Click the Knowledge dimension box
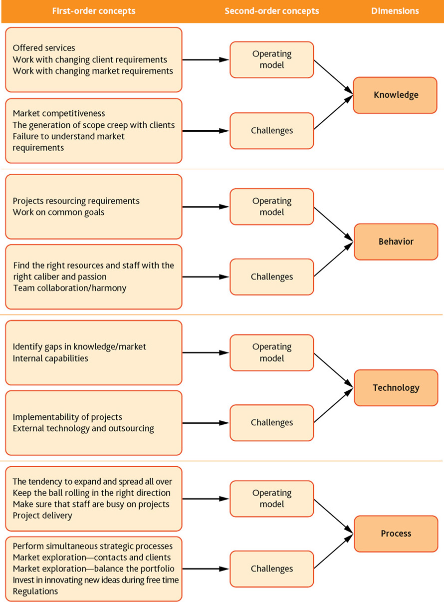coord(395,95)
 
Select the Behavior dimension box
coord(396,242)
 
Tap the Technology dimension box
coord(396,387)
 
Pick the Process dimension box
coord(396,534)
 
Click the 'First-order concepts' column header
coord(94,11)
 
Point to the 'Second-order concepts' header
coord(272,11)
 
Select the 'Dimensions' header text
coord(395,11)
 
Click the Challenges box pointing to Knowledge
coord(272,131)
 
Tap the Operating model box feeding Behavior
coord(272,207)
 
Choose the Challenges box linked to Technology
coord(272,423)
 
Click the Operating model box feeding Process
coord(272,499)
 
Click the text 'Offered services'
coord(44,48)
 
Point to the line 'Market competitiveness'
coord(59,113)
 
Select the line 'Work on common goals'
coord(58,212)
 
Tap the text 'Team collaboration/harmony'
coord(70,288)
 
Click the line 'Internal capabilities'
coord(50,358)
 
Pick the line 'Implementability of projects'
coord(67,417)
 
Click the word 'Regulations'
coord(35,591)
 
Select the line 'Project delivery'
coord(42,516)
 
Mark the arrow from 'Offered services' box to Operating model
coord(206,60)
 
